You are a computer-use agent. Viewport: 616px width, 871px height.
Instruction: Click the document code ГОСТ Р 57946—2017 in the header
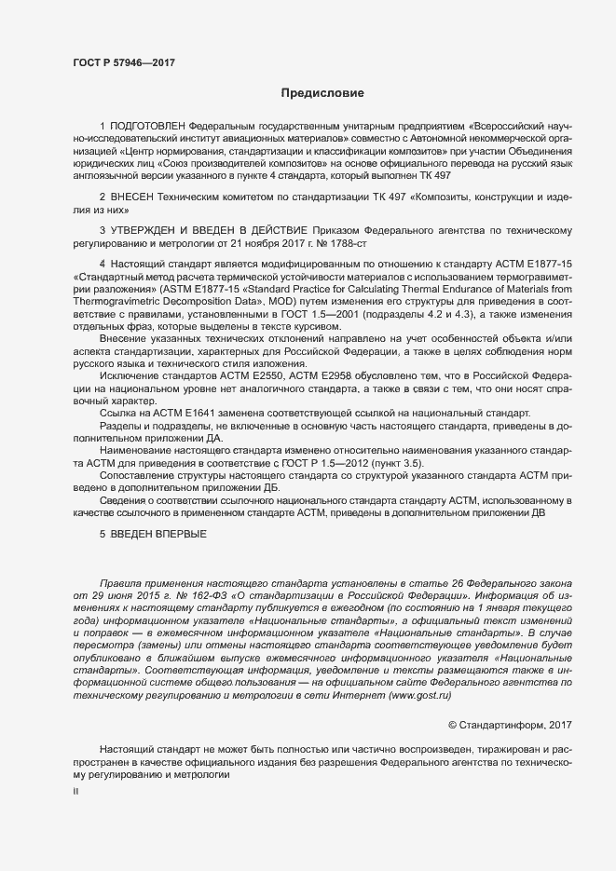124,62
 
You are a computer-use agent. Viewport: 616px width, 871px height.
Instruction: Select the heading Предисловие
322,93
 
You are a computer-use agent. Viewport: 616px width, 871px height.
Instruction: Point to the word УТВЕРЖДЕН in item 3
153,229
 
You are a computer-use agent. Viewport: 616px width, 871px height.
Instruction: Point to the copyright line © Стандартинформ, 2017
510,724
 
